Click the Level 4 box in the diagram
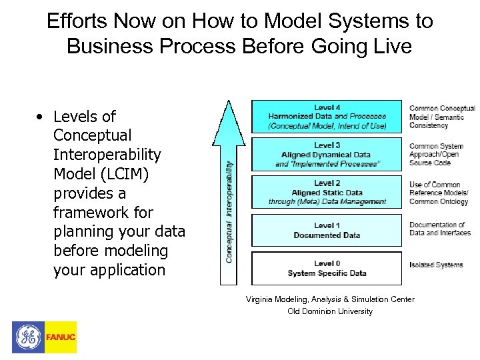pyautogui.click(x=327, y=117)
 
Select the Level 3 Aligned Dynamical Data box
pyautogui.click(x=327, y=155)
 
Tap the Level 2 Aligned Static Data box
pyautogui.click(x=327, y=193)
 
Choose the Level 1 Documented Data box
pyautogui.click(x=327, y=230)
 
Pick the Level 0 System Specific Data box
pyautogui.click(x=327, y=268)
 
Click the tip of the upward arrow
pyautogui.click(x=228, y=103)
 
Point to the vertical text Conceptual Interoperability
pyautogui.click(x=229, y=211)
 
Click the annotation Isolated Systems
pyautogui.click(x=435, y=265)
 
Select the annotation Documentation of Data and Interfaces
pyautogui.click(x=439, y=229)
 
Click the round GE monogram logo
pyautogui.click(x=28, y=337)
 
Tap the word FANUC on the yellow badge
pyautogui.click(x=61, y=337)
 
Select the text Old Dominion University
pyautogui.click(x=330, y=311)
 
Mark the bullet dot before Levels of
pyautogui.click(x=41, y=117)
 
